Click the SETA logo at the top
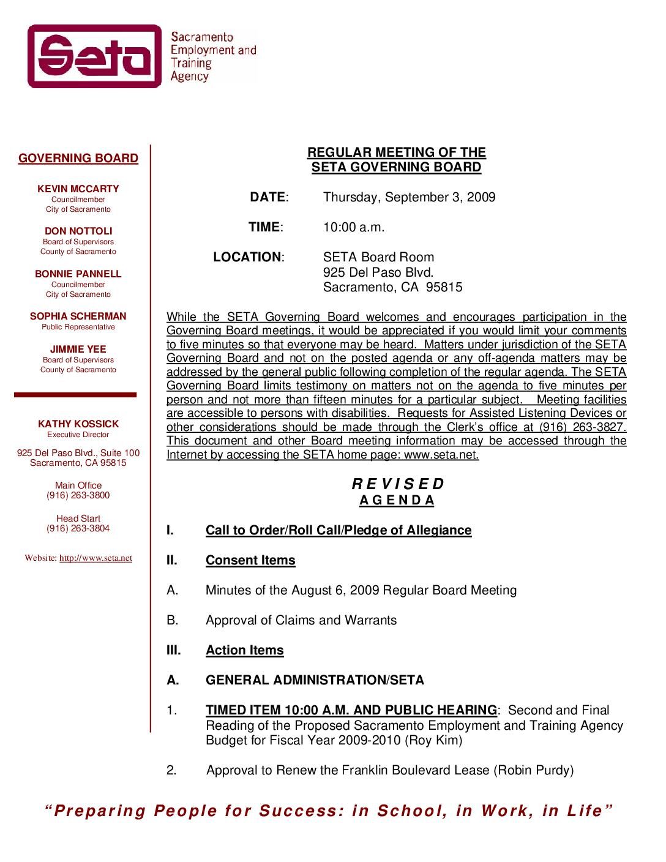point(95,56)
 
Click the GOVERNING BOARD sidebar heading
point(78,158)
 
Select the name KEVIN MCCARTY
point(78,189)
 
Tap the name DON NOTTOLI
point(78,231)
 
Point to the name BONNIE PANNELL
point(78,274)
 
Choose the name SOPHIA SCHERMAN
point(78,316)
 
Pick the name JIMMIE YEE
point(78,349)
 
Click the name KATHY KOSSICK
point(78,424)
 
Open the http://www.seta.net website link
point(95,558)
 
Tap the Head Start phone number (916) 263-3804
point(78,528)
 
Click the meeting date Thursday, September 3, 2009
point(409,197)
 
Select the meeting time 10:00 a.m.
point(354,227)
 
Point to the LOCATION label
point(248,257)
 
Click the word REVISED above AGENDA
point(397,484)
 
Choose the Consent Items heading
point(250,560)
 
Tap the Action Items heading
point(245,650)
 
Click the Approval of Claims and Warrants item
point(301,620)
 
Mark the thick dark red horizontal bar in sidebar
point(75,395)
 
